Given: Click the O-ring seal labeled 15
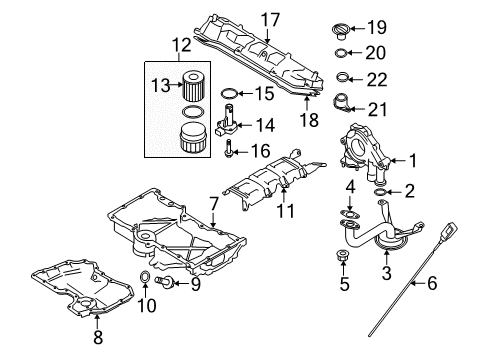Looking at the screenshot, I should (228, 96).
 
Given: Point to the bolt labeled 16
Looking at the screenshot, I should (232, 152).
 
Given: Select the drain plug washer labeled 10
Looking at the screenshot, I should (147, 277).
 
